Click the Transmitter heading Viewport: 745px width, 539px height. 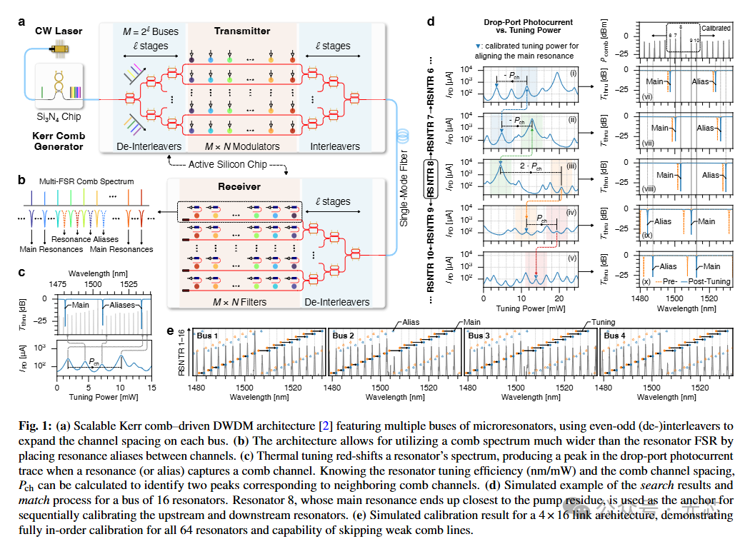242,31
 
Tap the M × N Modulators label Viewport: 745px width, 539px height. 242,146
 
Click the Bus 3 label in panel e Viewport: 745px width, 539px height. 479,335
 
